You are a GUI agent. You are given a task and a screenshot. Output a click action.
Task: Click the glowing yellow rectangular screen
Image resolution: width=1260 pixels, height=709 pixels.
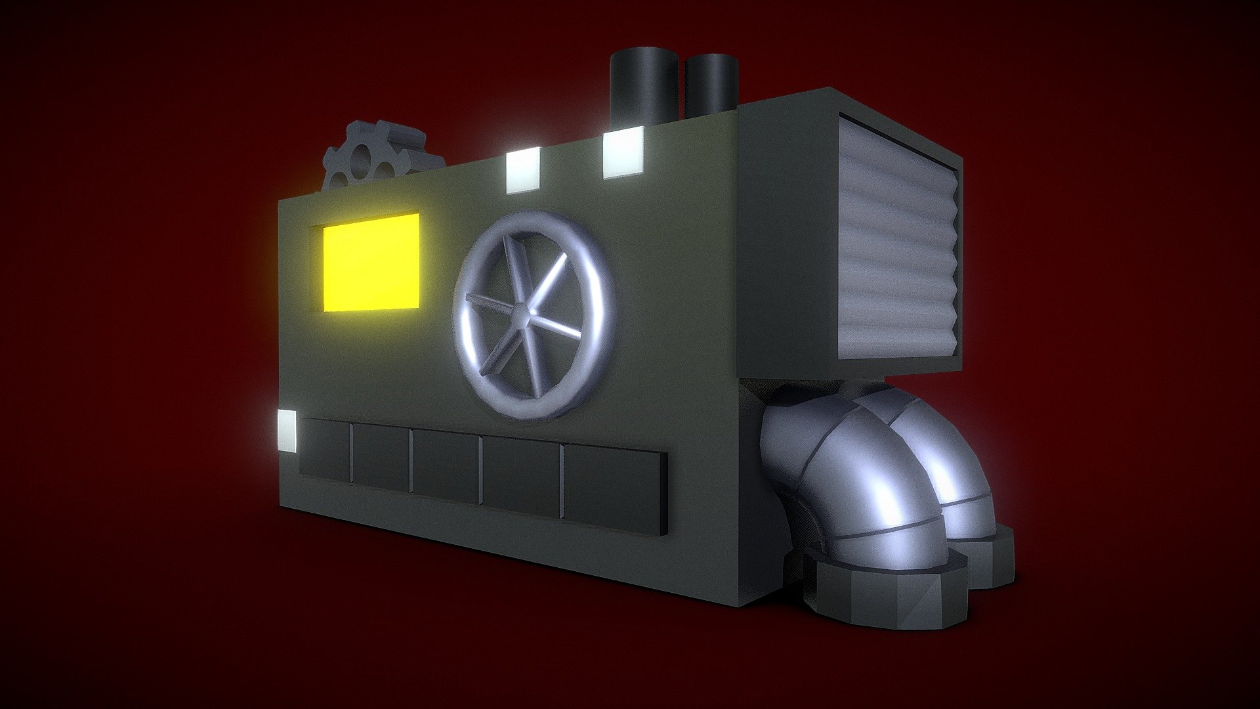[x=371, y=263]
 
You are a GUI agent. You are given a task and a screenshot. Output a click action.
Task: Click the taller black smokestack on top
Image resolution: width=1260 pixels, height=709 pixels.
[x=643, y=85]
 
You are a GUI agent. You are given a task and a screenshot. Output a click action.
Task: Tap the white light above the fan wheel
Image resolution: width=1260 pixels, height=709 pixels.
[x=523, y=169]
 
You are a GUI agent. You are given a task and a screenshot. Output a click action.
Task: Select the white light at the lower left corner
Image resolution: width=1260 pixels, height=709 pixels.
[x=287, y=431]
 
